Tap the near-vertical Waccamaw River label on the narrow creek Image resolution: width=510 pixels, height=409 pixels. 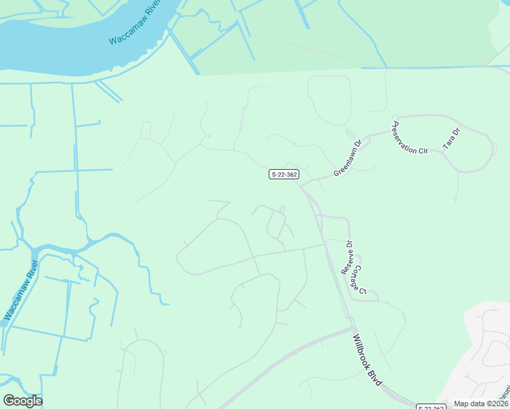coord(20,286)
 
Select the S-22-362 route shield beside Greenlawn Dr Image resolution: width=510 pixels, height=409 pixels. coord(283,175)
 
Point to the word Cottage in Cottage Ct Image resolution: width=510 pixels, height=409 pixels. coord(358,275)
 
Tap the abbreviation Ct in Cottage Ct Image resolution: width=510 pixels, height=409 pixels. coord(363,291)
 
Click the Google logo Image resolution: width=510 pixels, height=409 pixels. coord(22,401)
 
